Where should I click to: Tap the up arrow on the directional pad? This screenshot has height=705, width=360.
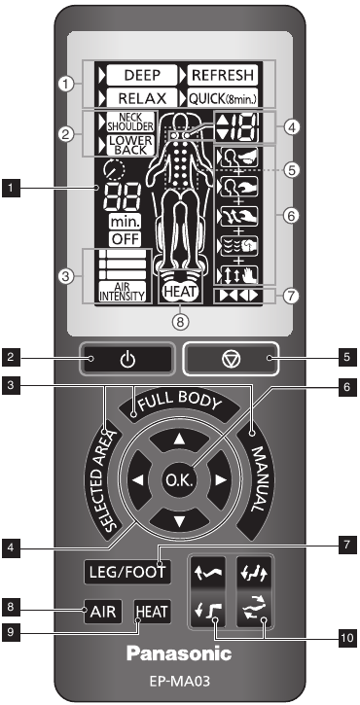180,438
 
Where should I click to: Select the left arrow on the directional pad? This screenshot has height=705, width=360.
138,480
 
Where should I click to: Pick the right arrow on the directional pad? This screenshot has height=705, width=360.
222,480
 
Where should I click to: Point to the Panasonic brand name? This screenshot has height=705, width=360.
180,649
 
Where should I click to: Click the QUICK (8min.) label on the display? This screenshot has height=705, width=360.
223,97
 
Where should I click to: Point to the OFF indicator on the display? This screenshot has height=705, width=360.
123,237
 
